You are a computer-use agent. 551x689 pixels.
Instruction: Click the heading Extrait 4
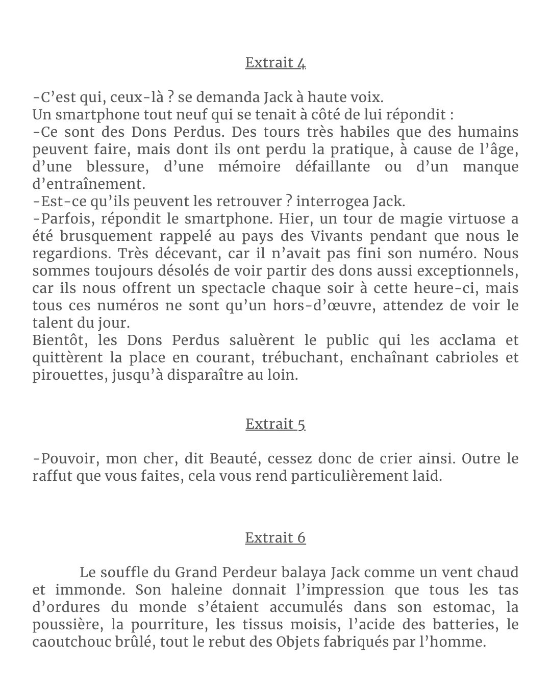click(x=275, y=63)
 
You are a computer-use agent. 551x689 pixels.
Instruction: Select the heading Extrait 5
click(x=275, y=424)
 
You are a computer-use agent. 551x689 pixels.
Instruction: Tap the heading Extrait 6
click(x=275, y=538)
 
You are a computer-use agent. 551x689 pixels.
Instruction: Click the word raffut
click(x=51, y=476)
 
